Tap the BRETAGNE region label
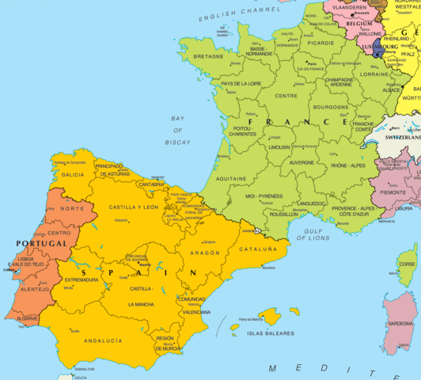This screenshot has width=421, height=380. tap(209, 57)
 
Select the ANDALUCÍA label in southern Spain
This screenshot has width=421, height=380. tap(104, 340)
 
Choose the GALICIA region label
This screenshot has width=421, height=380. tap(73, 174)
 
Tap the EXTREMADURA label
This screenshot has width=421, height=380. tap(83, 279)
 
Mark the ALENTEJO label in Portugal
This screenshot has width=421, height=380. tap(35, 290)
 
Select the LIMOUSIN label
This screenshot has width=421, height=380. tap(279, 146)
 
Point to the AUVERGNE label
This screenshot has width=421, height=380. tap(301, 162)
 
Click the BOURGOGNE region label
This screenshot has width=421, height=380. tap(331, 106)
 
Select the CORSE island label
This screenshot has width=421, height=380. tap(407, 265)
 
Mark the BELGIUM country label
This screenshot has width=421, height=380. tap(358, 25)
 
